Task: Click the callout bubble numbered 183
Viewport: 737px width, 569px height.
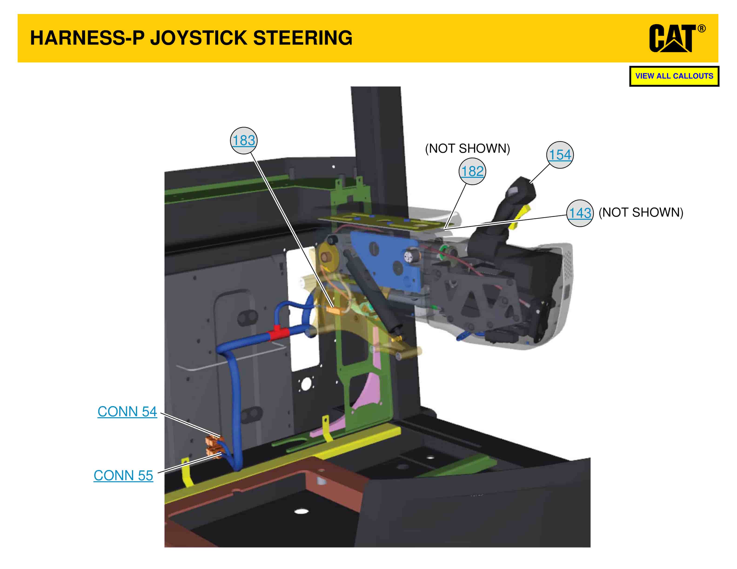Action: coord(244,140)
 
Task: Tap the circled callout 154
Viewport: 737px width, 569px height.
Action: coord(560,155)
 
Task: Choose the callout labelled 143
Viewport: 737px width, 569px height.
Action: coord(580,213)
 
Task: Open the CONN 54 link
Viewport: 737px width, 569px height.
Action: coord(127,412)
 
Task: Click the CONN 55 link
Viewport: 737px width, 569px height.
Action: coord(123,475)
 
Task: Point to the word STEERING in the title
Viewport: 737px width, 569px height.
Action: coord(303,38)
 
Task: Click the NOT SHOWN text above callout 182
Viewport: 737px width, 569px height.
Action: coord(467,148)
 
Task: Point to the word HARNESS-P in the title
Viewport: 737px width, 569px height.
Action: coord(87,38)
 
